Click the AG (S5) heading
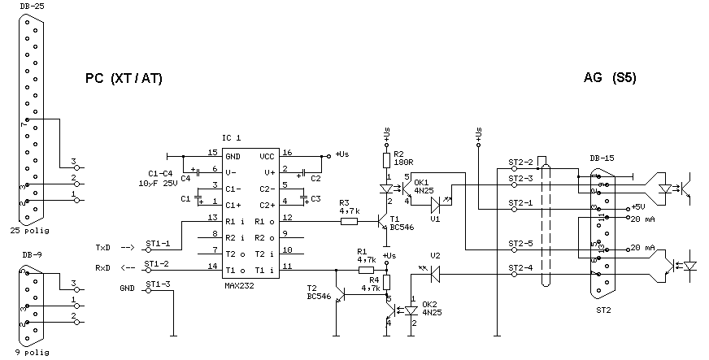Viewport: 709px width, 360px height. [610, 79]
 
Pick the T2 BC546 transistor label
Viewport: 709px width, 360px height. [320, 293]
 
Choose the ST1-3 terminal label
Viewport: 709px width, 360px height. [157, 284]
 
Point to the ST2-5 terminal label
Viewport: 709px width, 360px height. [520, 242]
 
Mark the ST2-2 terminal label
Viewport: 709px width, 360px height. [520, 161]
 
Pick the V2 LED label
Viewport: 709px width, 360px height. [435, 255]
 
